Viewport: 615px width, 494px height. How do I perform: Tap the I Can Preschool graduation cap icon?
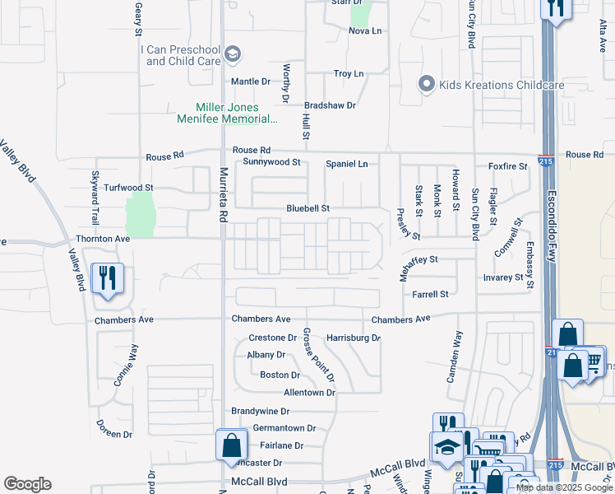(x=234, y=55)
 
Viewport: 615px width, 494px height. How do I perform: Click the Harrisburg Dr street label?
(x=354, y=338)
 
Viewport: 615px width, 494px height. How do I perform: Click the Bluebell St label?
(x=307, y=209)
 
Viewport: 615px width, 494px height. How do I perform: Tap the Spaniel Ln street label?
(x=347, y=164)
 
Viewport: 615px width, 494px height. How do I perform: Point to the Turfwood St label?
(x=128, y=188)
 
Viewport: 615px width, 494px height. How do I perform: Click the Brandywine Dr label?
(x=261, y=411)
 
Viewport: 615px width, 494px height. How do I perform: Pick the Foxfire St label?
(x=506, y=166)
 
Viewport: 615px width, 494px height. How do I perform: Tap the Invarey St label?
(x=503, y=277)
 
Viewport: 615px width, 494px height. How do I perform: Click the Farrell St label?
(x=431, y=294)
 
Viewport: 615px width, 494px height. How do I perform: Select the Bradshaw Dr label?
(x=330, y=105)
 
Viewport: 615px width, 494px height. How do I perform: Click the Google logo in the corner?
(x=27, y=484)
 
